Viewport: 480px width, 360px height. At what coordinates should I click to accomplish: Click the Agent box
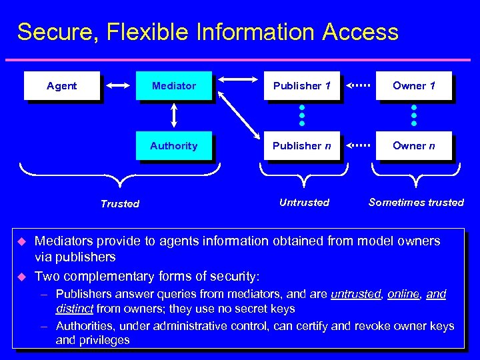61,86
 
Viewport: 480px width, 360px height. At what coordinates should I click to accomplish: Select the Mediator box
173,86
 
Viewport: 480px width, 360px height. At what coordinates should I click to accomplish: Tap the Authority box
173,146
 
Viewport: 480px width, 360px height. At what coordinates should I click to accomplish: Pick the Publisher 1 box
301,86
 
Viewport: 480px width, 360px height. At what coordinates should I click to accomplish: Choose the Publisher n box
301,146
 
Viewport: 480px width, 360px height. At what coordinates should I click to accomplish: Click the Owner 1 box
413,86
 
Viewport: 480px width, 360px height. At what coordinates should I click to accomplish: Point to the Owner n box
413,146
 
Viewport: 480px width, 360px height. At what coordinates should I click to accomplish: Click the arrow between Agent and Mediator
118,85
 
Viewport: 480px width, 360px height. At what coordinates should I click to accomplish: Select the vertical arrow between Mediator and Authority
174,115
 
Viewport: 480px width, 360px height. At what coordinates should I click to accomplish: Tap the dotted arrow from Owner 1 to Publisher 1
358,85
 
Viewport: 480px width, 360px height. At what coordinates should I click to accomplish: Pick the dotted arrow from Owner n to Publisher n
358,145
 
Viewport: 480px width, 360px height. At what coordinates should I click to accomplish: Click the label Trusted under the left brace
120,204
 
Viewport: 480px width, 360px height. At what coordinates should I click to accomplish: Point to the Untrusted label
304,202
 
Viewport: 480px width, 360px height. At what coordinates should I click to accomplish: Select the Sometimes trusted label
416,202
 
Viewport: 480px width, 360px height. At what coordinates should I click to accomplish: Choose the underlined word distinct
75,309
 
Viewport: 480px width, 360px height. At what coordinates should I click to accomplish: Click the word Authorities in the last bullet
83,326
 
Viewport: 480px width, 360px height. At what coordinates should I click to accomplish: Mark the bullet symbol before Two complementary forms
20,276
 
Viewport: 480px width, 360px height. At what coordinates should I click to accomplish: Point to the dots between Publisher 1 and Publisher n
301,115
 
